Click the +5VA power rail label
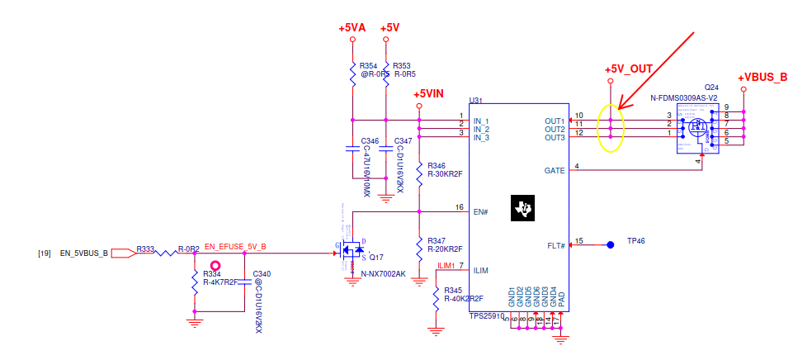pos(352,28)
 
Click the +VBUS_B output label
pos(762,77)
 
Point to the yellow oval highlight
pos(610,128)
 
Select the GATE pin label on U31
pos(555,170)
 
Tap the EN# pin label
pos(481,211)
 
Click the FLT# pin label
pos(556,245)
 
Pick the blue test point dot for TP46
pos(611,244)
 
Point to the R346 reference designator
pos(437,166)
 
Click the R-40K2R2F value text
pos(463,299)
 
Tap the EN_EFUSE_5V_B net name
pos(235,246)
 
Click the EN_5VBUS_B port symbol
pos(125,253)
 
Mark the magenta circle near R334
pos(216,264)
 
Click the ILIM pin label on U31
pos(481,270)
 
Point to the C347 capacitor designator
pos(404,141)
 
